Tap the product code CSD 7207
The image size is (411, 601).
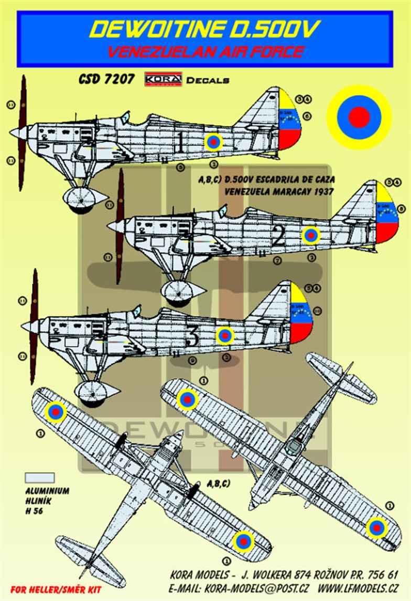point(106,80)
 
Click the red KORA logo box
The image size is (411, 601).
point(163,79)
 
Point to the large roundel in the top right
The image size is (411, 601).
point(359,117)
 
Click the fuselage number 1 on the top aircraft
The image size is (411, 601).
point(180,142)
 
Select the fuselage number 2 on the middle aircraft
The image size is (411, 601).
point(278,238)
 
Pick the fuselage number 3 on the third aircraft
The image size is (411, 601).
point(192,338)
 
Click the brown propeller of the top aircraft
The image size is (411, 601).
point(22,133)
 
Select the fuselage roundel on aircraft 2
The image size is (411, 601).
point(310,236)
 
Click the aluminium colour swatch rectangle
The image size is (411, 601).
point(40,477)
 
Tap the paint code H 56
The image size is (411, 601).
point(34,511)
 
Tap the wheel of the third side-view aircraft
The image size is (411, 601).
point(91,389)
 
